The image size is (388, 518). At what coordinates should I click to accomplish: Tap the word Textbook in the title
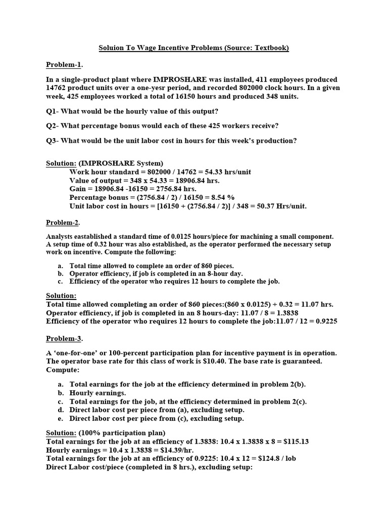270,48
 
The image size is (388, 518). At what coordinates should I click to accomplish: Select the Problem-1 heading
64,65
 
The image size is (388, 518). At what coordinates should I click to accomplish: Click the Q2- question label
53,126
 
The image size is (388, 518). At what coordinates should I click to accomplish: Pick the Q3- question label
53,141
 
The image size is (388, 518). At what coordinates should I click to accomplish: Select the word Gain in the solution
78,189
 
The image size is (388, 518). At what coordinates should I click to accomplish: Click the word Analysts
60,237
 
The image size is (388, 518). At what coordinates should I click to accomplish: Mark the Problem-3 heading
64,338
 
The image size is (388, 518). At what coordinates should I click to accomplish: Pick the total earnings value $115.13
295,442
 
